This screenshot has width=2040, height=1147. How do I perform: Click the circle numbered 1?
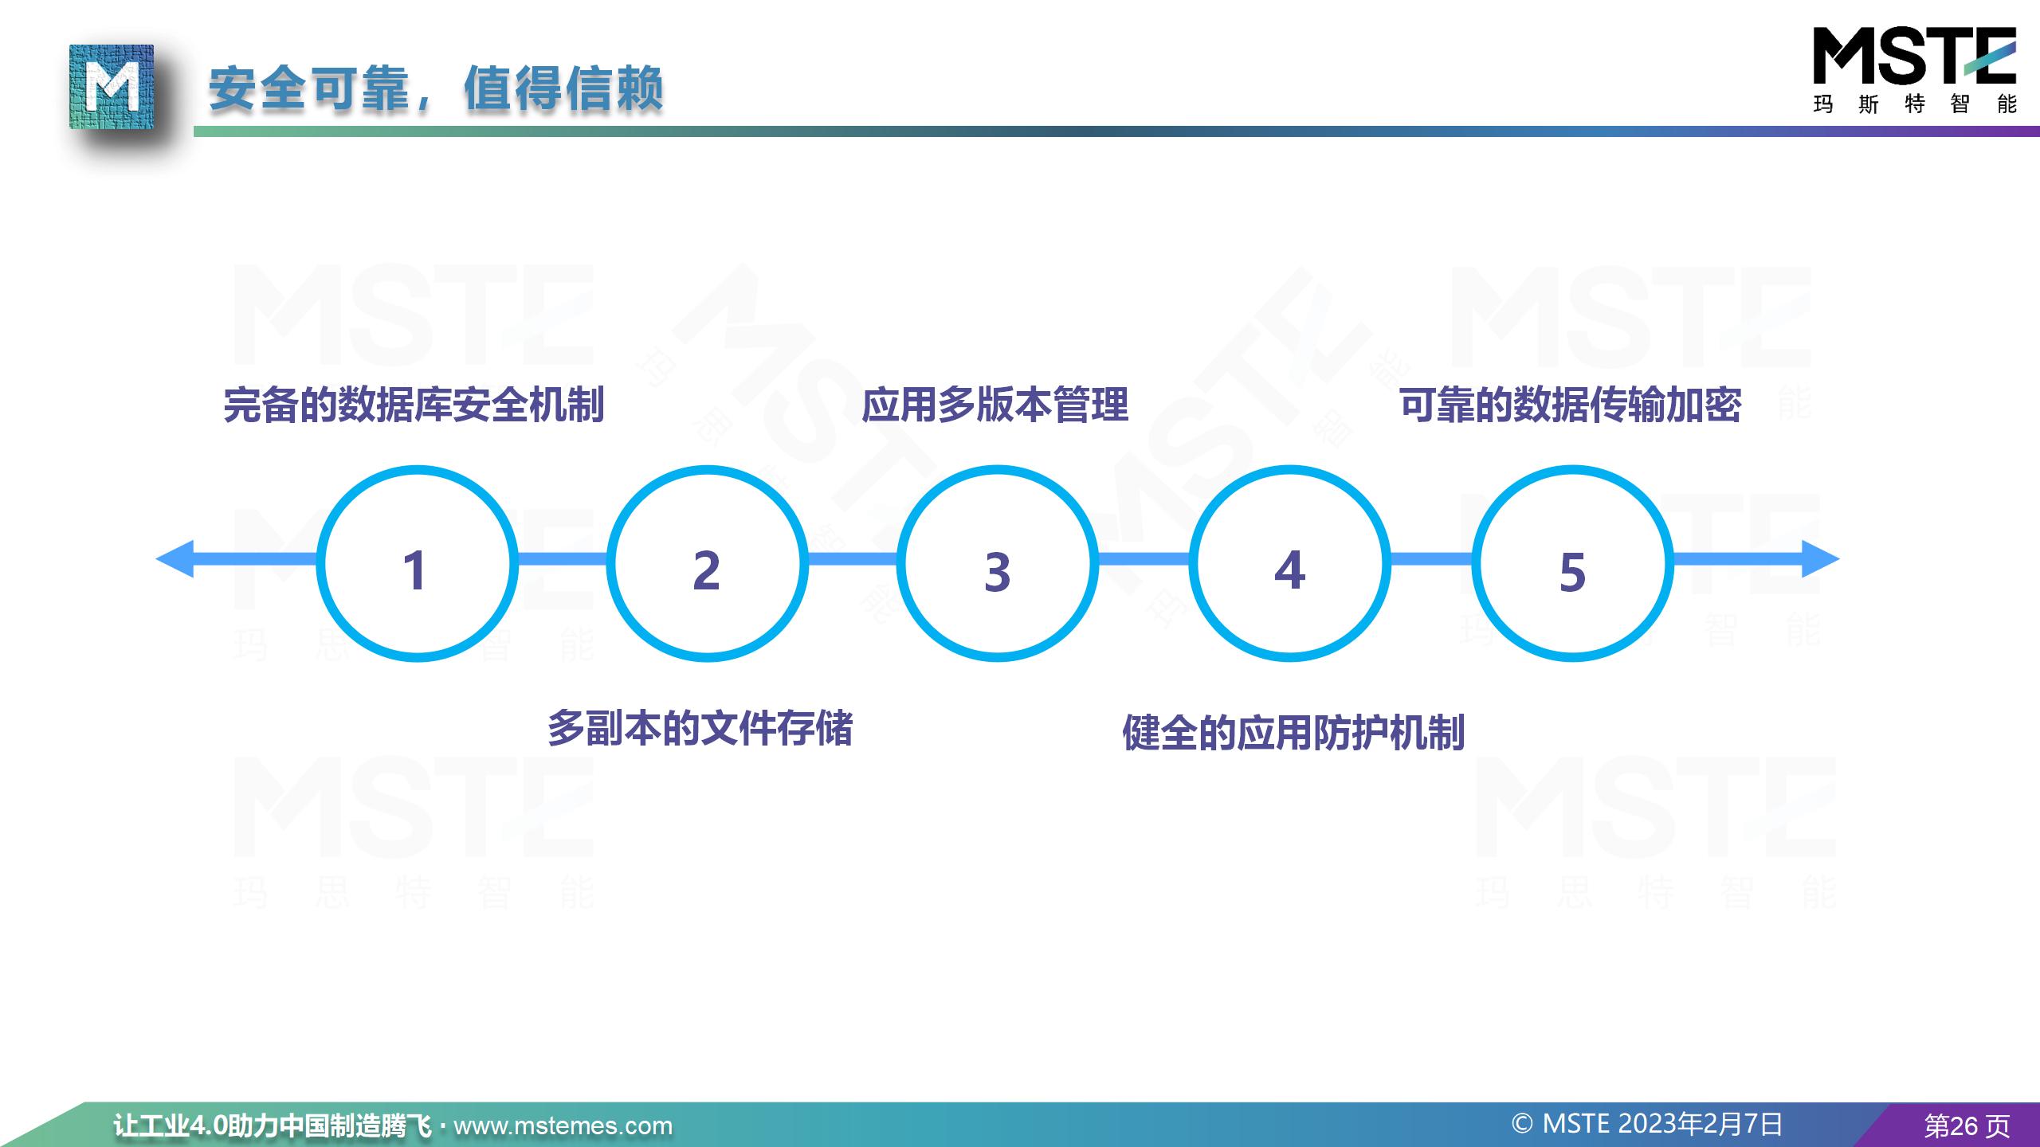click(x=417, y=468)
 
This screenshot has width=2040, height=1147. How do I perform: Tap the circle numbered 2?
click(x=707, y=468)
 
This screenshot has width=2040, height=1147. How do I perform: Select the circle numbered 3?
click(x=998, y=468)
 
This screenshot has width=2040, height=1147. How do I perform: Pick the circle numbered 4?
click(x=1289, y=468)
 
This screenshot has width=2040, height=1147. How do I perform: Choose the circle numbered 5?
click(x=1572, y=468)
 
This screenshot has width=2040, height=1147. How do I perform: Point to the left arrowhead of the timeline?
click(x=175, y=559)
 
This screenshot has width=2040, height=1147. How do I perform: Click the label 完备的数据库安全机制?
click(x=414, y=405)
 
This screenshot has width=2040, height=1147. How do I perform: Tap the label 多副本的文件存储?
click(x=700, y=728)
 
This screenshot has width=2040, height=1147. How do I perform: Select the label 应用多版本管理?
click(x=995, y=405)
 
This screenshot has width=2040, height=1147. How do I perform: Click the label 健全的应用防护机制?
click(x=1293, y=733)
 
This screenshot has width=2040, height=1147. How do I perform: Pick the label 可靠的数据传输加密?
click(x=1571, y=405)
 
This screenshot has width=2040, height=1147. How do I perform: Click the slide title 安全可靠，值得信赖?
click(x=436, y=88)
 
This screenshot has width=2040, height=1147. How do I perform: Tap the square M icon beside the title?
click(x=112, y=87)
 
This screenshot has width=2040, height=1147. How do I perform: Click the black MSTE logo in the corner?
click(x=1914, y=56)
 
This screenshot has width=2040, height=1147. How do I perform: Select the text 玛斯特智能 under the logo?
click(x=1915, y=104)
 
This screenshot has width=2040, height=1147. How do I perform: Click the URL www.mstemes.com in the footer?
click(x=563, y=1125)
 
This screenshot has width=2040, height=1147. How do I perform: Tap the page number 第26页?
click(x=1967, y=1125)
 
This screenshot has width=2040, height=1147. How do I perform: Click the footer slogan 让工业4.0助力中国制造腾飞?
click(x=273, y=1125)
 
